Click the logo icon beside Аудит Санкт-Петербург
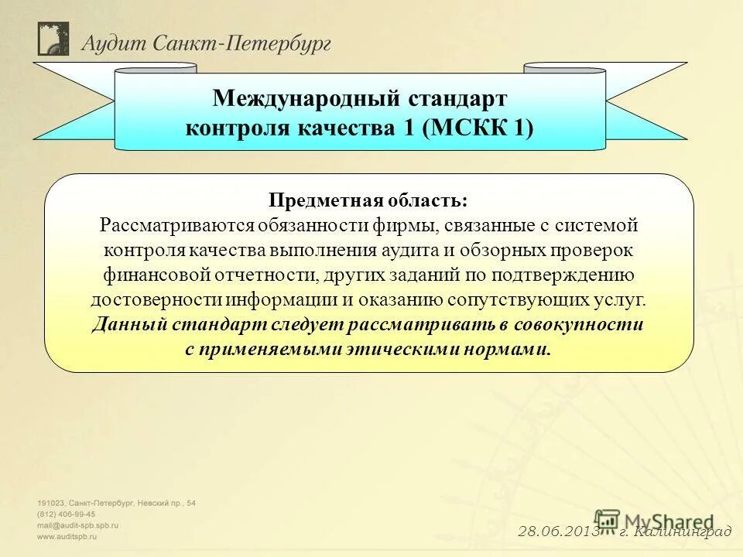(x=53, y=39)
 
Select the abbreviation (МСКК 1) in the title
(x=478, y=127)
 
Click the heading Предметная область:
(x=368, y=201)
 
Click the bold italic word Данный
(x=121, y=325)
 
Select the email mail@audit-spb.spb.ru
(x=78, y=525)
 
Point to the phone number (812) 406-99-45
(x=67, y=514)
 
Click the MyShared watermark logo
(x=654, y=521)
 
